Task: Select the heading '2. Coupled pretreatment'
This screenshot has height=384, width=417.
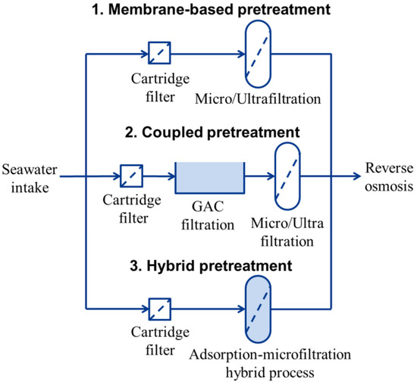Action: tap(212, 133)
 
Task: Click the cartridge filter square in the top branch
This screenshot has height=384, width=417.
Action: tap(158, 53)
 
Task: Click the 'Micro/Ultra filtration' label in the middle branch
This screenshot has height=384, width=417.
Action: tap(287, 234)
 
